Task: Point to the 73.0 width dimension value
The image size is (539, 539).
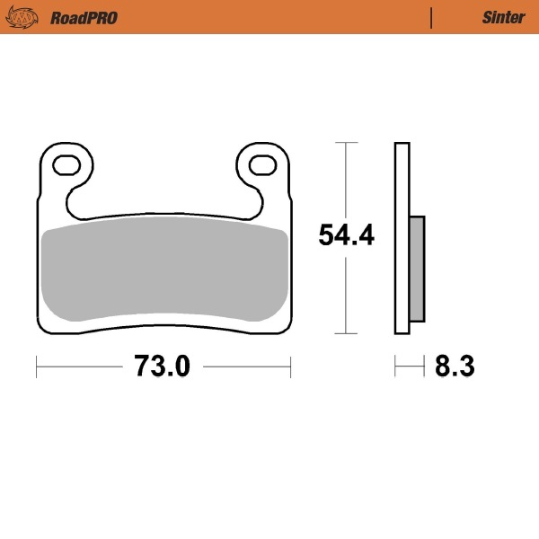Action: click(x=163, y=366)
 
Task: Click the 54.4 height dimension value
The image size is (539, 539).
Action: click(x=347, y=236)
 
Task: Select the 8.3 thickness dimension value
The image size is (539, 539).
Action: click(x=454, y=366)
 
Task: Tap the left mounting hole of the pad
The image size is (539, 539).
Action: click(x=66, y=164)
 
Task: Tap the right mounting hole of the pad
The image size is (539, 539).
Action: click(x=261, y=164)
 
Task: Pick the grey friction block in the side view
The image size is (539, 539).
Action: click(x=417, y=268)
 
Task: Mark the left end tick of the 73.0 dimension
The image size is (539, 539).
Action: click(x=36, y=366)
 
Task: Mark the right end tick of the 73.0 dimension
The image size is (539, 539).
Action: click(x=290, y=366)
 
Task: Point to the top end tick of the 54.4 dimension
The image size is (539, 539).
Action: click(x=346, y=142)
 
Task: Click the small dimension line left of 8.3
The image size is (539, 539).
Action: click(x=409, y=366)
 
